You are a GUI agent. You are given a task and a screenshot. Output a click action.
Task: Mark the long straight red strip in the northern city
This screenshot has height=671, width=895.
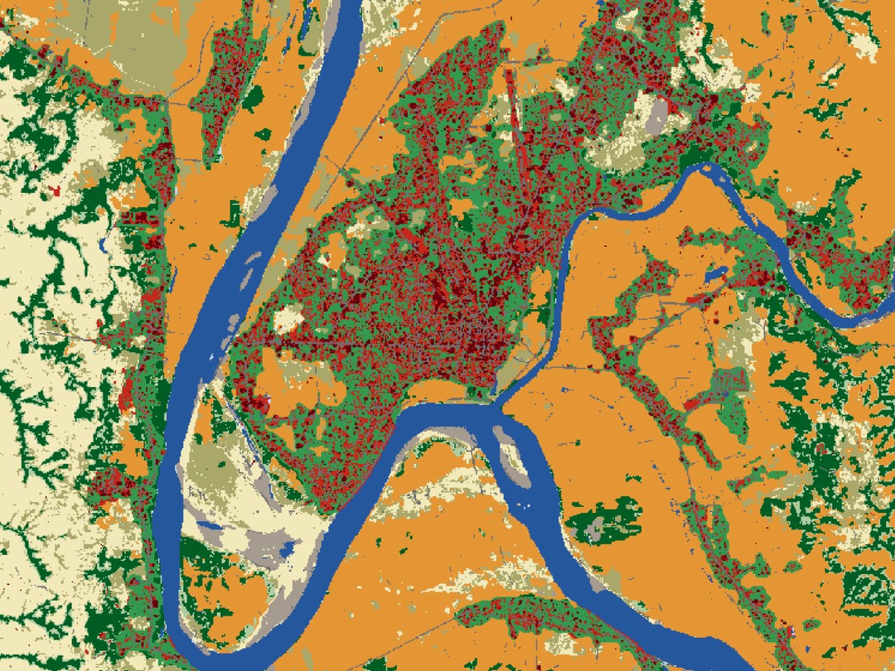pyautogui.click(x=514, y=108)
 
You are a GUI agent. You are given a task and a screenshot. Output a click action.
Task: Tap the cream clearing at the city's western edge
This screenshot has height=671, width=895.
pyautogui.click(x=288, y=320)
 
